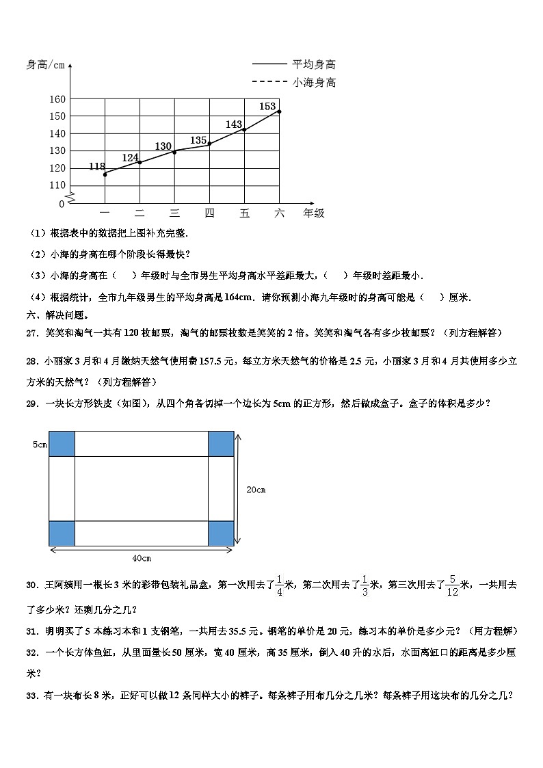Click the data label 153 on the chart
pos(267,106)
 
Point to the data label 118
pos(97,166)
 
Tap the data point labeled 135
pos(209,144)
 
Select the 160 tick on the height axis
pos(57,99)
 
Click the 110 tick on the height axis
pos(57,185)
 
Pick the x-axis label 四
pos(209,213)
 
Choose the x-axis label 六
pos(279,213)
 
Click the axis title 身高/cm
pos(45,65)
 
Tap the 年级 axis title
pos(314,213)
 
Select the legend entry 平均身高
pos(314,65)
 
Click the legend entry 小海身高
pos(314,83)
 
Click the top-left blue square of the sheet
pos(62,443)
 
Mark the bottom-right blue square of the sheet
pos(220,533)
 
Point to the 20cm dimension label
pos(256,490)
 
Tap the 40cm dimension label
pos(142,558)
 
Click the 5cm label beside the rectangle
pos(39,445)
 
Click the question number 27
pos(31,333)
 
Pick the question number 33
pos(31,693)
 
